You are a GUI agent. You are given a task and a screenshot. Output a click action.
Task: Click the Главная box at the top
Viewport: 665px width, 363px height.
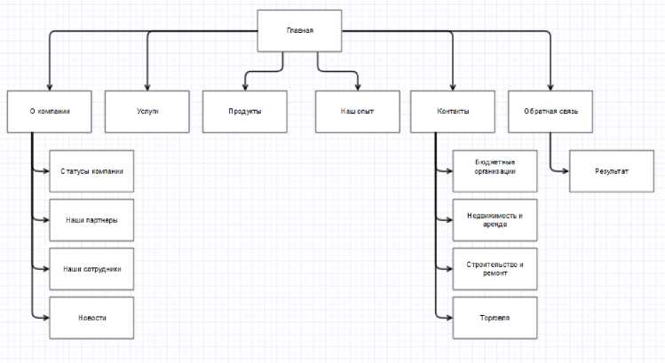coord(299,31)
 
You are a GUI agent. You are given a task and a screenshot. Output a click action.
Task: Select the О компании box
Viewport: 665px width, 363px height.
coord(50,112)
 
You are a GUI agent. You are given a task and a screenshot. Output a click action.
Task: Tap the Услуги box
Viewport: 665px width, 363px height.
coord(147,112)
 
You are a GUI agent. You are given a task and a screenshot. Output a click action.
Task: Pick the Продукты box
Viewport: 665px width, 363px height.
coord(245,112)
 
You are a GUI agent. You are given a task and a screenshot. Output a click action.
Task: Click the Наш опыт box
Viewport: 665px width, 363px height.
coord(357,112)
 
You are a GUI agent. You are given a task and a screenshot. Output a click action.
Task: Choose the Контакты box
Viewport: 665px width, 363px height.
coord(453,112)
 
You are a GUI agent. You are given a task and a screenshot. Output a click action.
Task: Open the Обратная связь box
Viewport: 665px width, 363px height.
coord(550,112)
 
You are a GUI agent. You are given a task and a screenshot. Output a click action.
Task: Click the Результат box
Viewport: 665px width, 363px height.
coord(612,170)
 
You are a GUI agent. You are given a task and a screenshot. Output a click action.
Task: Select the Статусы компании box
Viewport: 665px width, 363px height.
coord(91,170)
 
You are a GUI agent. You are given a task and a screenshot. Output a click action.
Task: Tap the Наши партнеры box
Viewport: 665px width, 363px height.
coord(91,218)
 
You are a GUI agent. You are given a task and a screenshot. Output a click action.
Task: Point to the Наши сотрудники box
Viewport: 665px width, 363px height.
coord(91,267)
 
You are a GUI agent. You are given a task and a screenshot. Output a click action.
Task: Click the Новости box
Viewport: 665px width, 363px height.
coord(91,316)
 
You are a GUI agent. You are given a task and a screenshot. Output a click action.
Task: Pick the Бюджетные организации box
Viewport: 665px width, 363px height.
coord(495,170)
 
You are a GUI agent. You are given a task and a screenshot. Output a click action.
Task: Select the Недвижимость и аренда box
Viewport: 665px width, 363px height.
coord(495,218)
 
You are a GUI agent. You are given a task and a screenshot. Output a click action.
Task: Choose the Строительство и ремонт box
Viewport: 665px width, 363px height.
coord(495,267)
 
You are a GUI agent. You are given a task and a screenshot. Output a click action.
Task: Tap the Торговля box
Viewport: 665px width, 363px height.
coord(495,316)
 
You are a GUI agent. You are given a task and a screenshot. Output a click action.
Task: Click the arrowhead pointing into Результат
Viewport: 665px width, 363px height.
coord(566,170)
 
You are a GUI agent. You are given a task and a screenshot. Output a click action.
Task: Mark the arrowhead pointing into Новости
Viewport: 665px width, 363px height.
coord(45,316)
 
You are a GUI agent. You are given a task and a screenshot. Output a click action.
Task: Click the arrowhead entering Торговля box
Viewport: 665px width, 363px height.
coord(449,316)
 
